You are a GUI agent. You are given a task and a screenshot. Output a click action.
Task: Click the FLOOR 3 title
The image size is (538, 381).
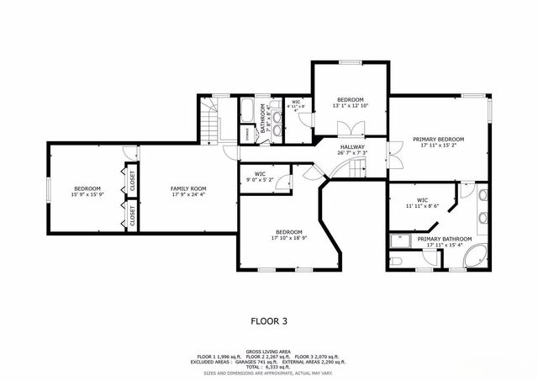[268, 320]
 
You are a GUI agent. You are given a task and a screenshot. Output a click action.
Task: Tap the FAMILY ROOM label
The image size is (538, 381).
[188, 188]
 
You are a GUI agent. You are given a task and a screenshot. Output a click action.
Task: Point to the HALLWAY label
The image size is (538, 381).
[351, 147]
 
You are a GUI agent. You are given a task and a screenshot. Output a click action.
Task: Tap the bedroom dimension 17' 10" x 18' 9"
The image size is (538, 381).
[287, 238]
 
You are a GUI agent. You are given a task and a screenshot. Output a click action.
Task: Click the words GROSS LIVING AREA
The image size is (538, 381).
[268, 351]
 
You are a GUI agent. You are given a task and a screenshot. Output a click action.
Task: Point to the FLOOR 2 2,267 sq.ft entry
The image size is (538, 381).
[268, 356]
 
